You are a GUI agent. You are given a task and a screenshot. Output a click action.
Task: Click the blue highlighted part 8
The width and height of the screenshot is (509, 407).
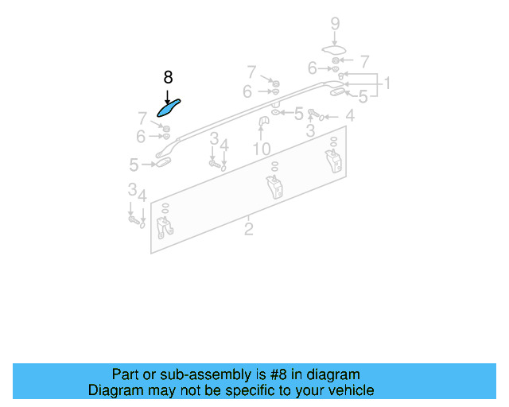point(169,107)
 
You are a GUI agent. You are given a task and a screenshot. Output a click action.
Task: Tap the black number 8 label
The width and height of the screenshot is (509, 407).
point(168,77)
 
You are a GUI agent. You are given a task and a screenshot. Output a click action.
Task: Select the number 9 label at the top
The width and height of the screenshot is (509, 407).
point(335,23)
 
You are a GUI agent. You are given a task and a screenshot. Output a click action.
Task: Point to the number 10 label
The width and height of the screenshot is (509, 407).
point(262,149)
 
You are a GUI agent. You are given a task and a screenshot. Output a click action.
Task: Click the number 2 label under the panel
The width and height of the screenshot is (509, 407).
point(248,229)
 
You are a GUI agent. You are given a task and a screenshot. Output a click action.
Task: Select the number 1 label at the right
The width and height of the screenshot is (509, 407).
point(387,83)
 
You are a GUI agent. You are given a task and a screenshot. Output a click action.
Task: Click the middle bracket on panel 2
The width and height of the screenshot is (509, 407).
point(274,189)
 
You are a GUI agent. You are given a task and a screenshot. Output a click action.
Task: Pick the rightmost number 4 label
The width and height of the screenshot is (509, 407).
point(350,116)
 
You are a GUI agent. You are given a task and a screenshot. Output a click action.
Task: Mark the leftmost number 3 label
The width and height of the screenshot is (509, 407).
point(132,189)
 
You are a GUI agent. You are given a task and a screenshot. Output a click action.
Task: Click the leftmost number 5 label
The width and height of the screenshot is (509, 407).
point(134,165)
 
